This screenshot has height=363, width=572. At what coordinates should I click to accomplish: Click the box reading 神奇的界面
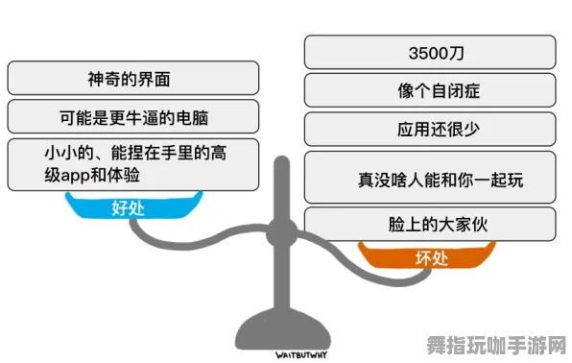point(132,78)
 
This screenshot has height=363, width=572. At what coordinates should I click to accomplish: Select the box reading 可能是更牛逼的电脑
point(132,118)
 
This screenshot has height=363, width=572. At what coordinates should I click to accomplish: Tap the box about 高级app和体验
point(132,164)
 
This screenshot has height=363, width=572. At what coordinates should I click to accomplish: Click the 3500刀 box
point(429,51)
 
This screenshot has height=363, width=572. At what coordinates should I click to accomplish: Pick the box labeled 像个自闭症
point(429,91)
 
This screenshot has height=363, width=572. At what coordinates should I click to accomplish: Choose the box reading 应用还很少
point(429,129)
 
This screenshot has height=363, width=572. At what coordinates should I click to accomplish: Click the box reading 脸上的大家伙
point(429,223)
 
